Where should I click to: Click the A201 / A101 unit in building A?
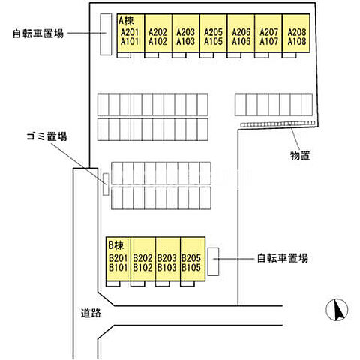pos(130,37)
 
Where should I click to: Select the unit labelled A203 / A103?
pos(185,37)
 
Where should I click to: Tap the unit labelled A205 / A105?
pos(214,37)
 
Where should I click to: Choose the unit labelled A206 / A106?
pos(241,37)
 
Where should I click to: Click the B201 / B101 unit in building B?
pos(118,262)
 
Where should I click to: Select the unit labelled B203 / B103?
pos(166,262)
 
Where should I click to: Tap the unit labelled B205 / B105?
pos(191,262)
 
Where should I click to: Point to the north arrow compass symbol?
pos(338,308)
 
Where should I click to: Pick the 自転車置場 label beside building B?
pos(283,257)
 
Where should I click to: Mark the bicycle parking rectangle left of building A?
pos(105,34)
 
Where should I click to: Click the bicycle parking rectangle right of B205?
pos(213,260)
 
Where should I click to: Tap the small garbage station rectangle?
pos(106,184)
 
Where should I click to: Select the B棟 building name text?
pos(115,244)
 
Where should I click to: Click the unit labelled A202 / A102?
pos(157,37)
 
